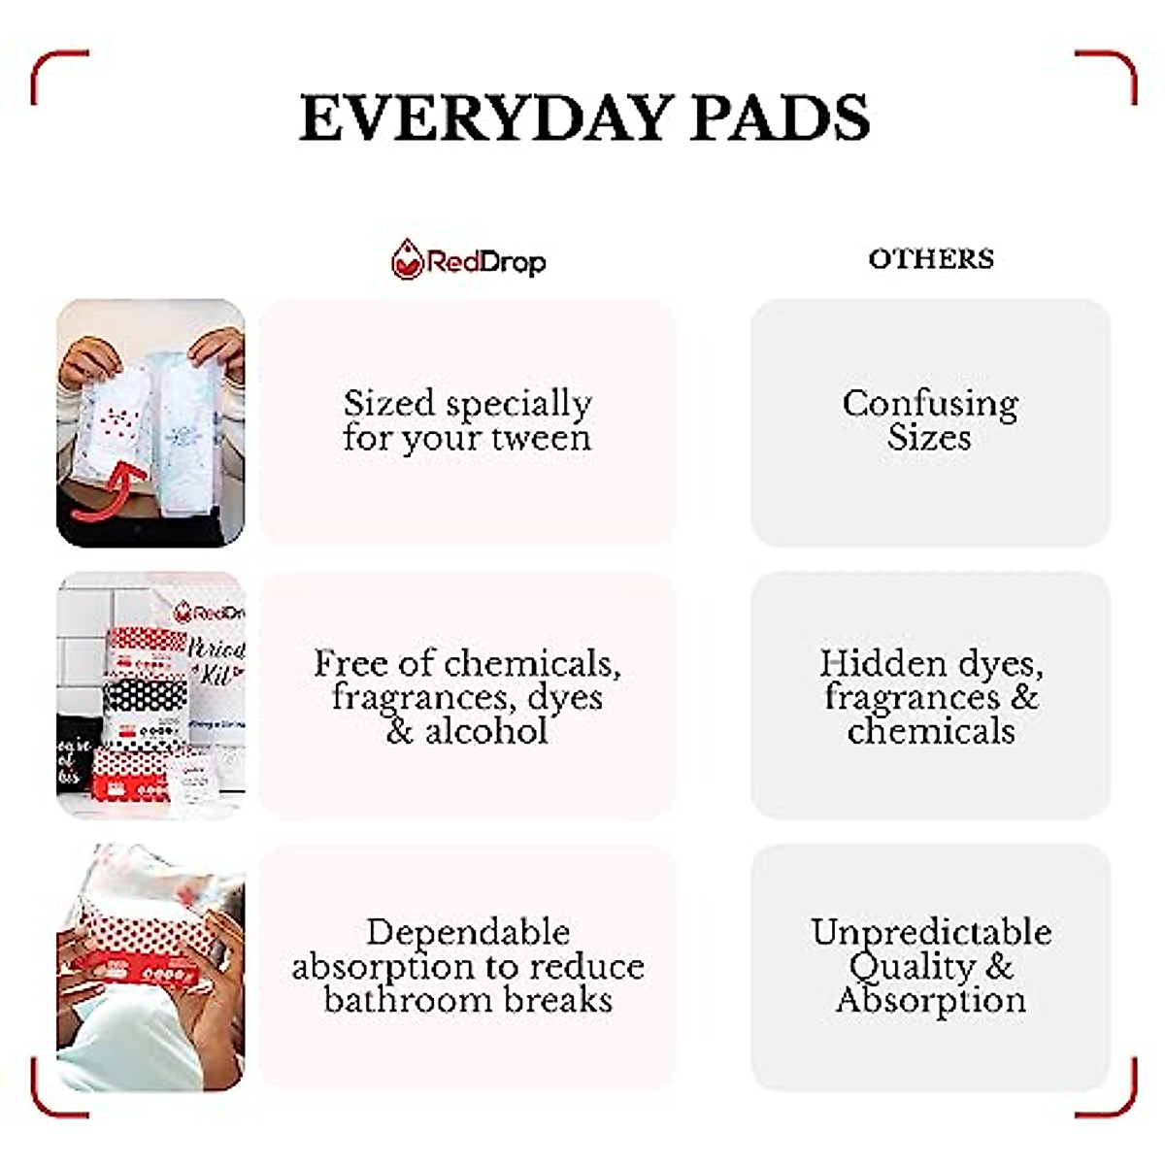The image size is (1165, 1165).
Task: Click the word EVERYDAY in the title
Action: click(x=486, y=117)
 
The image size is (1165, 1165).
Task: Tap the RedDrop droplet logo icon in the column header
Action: click(x=408, y=259)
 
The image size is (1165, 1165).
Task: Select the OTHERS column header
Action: click(x=931, y=259)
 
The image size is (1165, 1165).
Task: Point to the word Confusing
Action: click(x=930, y=404)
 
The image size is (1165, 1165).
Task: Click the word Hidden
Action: click(x=882, y=663)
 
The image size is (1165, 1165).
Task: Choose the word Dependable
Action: click(x=468, y=932)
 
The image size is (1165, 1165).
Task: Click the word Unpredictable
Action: click(x=931, y=932)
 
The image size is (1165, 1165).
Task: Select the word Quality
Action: click(x=913, y=967)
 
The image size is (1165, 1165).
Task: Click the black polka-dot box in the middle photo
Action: click(x=144, y=695)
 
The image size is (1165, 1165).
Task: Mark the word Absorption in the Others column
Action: click(x=931, y=1000)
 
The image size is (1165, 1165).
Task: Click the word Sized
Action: click(x=389, y=403)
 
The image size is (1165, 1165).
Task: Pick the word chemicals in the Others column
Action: click(x=931, y=731)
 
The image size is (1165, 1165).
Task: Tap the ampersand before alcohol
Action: click(x=400, y=732)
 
